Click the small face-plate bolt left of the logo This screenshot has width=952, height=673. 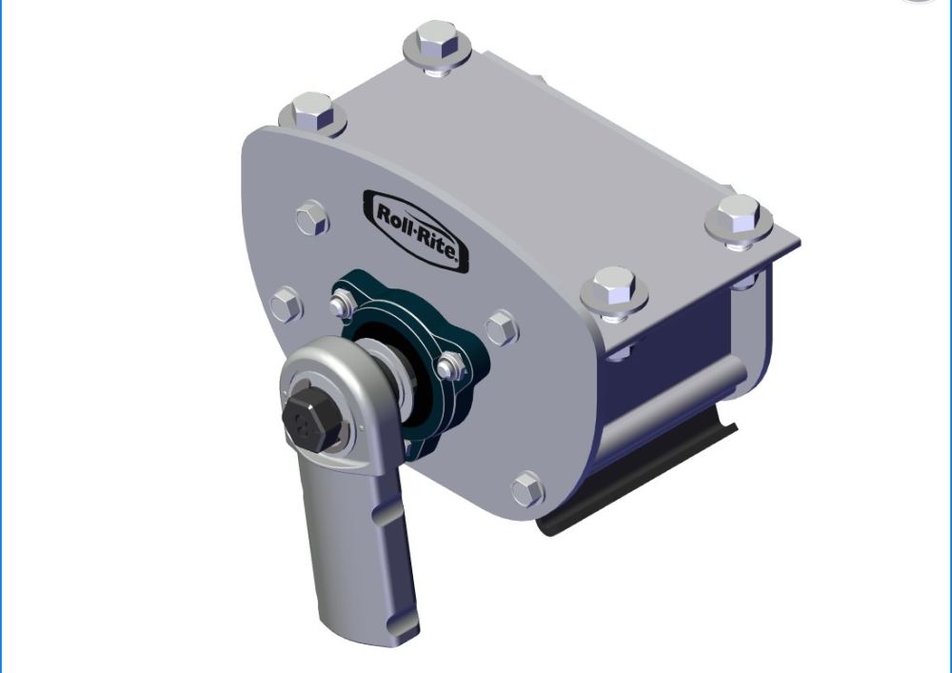311,219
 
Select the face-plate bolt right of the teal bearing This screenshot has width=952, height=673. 501,327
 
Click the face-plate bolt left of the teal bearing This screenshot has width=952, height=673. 286,305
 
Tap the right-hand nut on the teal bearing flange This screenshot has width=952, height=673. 450,365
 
